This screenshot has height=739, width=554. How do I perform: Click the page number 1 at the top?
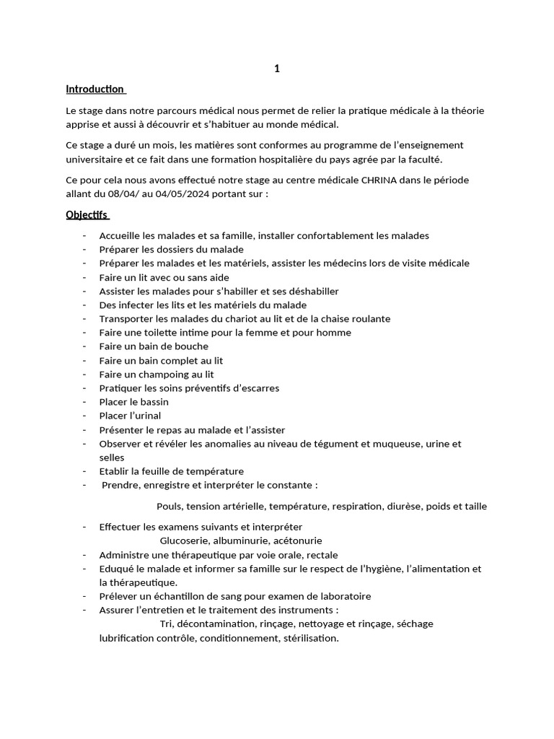click(x=277, y=69)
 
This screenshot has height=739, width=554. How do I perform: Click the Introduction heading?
click(x=94, y=89)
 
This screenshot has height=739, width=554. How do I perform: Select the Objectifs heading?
click(x=86, y=215)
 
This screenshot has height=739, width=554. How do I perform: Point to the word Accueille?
click(x=121, y=235)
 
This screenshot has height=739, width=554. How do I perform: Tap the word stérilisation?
click(x=308, y=638)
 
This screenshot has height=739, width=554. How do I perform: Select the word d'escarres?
click(x=252, y=388)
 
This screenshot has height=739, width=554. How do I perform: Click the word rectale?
click(x=320, y=555)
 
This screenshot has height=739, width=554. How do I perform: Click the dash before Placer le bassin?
click(x=85, y=402)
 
